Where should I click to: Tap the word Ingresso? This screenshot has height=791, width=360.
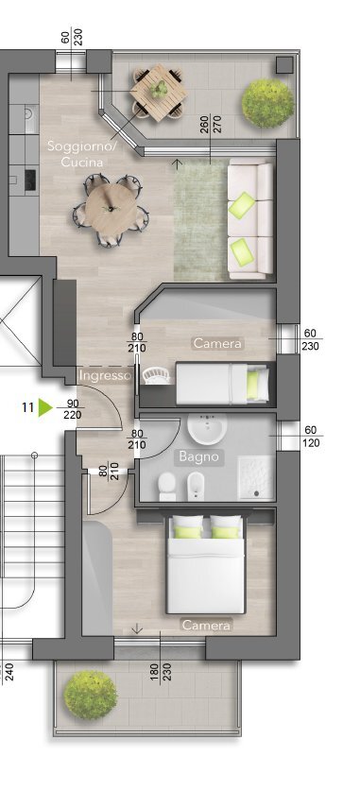coord(105,376)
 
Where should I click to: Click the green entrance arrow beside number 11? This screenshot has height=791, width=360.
coord(45,408)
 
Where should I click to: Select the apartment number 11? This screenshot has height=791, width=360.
coord(28,408)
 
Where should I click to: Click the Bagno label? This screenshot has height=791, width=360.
coord(198,456)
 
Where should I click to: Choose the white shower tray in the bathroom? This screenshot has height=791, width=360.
coord(254,476)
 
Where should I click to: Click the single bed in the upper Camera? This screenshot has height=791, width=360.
coord(224,384)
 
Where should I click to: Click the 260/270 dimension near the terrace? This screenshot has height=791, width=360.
coord(210,126)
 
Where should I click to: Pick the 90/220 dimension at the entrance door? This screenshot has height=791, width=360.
coord(74,408)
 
